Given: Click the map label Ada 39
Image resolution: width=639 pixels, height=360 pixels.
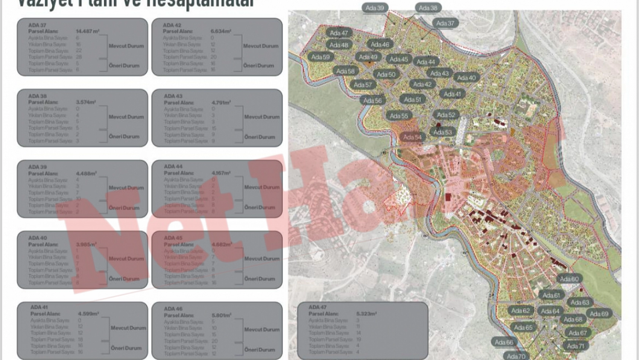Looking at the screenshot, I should point(375,8).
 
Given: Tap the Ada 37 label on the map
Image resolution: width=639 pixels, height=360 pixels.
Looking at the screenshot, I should point(445,23).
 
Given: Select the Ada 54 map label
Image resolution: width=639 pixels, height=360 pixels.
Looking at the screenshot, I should point(412,137).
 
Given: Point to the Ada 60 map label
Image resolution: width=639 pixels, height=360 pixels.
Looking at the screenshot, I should point(569,279).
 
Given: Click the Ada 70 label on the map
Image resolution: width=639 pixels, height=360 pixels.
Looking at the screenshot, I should point(516,356).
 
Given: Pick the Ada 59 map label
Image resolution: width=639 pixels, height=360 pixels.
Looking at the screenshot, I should point(320,57).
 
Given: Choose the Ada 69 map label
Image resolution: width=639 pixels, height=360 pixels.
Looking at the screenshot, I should point(599,314).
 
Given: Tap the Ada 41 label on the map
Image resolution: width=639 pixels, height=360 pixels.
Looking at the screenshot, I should point(452,94).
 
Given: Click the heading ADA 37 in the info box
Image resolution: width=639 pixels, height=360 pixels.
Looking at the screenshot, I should point(37,25).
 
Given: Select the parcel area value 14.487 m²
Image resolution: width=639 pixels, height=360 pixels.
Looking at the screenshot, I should point(87,31).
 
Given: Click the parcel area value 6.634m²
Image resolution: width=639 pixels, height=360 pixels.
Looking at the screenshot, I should point(221,31).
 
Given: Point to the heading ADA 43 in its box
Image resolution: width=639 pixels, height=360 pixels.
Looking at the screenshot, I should point(173,96).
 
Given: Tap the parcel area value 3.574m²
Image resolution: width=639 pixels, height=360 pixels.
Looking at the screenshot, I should point(86,102).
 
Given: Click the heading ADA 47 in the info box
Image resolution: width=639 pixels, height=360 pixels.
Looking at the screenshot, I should point(317,307).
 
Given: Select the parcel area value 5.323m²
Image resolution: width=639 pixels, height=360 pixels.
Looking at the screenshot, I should point(366,314).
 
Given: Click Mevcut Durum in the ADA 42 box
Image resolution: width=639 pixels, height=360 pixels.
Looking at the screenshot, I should point(261,46).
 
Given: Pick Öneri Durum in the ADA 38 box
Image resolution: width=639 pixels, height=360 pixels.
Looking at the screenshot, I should point(124,136).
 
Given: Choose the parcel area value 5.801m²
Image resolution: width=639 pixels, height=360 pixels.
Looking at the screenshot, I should point(221,315).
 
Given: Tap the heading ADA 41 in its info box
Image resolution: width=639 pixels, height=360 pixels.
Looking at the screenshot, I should point(39,307).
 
